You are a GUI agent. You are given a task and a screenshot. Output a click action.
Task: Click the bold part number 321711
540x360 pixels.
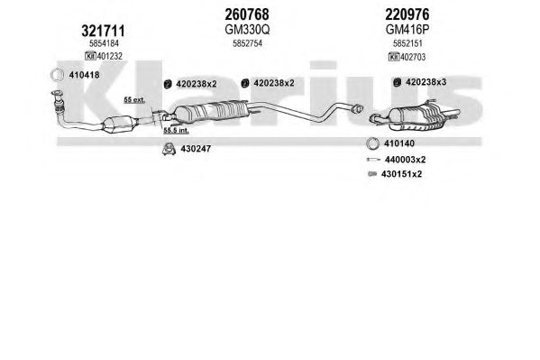(x=103, y=31)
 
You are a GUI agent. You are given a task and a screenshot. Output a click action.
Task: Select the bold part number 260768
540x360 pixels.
(x=247, y=14)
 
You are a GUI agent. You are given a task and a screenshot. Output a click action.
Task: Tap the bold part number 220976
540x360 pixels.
(x=407, y=14)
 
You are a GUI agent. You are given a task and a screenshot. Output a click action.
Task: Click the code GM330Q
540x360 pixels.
(x=247, y=30)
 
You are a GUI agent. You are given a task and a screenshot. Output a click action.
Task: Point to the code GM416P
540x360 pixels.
(x=407, y=30)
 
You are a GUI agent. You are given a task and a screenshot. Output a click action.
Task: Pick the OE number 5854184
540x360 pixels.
(x=104, y=43)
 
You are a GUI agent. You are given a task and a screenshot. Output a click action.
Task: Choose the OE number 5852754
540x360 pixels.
(x=247, y=43)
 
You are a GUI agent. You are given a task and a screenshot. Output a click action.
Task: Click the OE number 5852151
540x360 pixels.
(x=407, y=43)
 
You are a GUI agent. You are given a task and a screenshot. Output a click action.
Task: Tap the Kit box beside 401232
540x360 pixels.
(x=90, y=56)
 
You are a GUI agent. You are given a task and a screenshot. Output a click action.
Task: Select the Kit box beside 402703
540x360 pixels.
(x=394, y=57)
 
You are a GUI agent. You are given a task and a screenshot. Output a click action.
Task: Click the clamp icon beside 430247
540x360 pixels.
(x=169, y=149)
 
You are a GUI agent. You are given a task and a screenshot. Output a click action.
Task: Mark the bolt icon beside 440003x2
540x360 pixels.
(x=373, y=160)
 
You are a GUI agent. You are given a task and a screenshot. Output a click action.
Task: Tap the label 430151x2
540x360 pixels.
(x=401, y=174)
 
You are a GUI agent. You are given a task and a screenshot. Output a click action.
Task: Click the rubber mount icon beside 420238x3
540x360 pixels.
(x=397, y=82)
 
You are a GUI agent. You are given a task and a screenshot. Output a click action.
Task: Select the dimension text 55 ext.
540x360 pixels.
(x=134, y=100)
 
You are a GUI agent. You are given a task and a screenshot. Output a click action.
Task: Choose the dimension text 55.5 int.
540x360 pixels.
(x=176, y=131)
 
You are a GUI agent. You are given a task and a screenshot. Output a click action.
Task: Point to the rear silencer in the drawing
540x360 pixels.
(x=416, y=117)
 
